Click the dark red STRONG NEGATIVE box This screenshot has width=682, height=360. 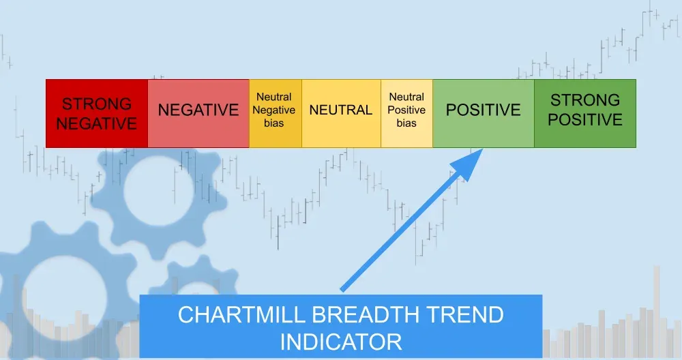96,113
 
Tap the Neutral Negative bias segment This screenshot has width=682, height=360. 275,113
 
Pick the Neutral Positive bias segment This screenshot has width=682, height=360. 406,113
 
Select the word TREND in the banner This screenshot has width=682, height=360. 466,315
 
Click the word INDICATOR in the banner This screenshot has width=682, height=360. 340,341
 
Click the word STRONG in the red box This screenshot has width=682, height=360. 96,104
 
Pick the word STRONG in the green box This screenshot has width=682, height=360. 584,100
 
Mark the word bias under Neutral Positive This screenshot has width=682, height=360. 406,123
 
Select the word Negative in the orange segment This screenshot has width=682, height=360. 275,110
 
